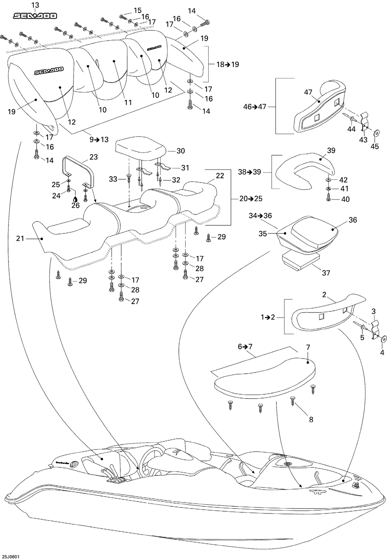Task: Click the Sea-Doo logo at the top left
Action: pyautogui.click(x=35, y=16)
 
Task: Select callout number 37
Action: pyautogui.click(x=326, y=273)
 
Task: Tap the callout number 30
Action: pyautogui.click(x=181, y=151)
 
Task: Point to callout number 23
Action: pyautogui.click(x=93, y=157)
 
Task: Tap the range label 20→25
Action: pyautogui.click(x=251, y=199)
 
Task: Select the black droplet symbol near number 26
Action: pyautogui.click(x=76, y=199)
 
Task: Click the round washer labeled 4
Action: pyautogui.click(x=383, y=339)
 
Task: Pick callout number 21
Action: pyautogui.click(x=20, y=239)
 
